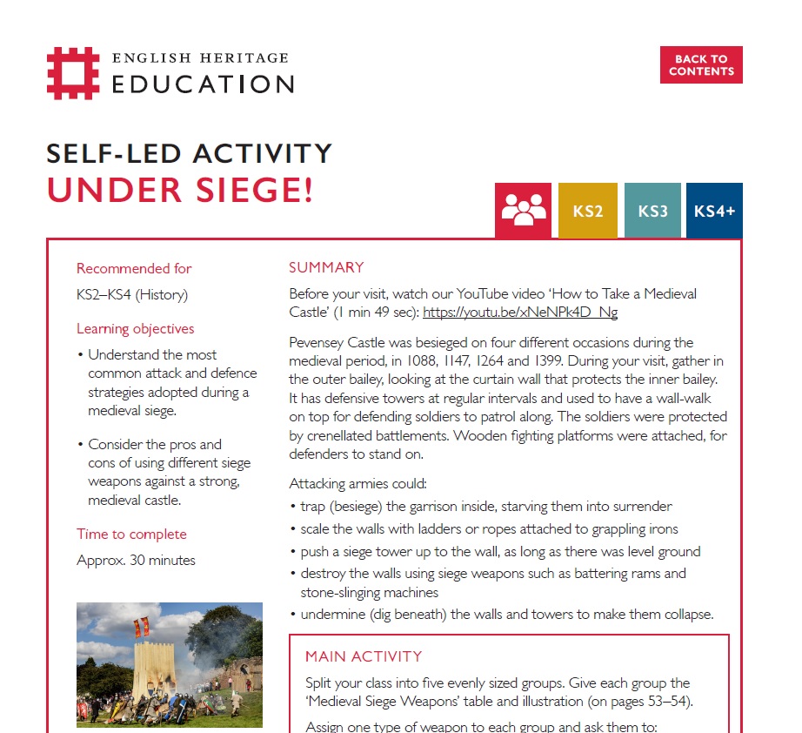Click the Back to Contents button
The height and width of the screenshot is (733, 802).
click(x=701, y=65)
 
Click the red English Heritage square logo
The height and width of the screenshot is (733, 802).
click(x=73, y=73)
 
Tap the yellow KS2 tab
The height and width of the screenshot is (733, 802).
click(x=588, y=211)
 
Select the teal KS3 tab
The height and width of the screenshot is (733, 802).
click(x=652, y=211)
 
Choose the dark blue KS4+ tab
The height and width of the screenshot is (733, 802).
click(x=714, y=211)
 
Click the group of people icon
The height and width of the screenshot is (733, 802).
click(x=524, y=210)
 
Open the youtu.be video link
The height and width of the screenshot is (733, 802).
click(x=519, y=313)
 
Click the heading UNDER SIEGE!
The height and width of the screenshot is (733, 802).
click(x=179, y=191)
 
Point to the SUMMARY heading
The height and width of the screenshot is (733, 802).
click(x=326, y=268)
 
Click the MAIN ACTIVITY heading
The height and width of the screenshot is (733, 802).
click(x=364, y=656)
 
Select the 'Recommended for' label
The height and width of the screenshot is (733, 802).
click(x=134, y=269)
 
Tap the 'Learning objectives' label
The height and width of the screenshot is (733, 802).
click(x=136, y=329)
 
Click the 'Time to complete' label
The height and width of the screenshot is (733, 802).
click(x=131, y=535)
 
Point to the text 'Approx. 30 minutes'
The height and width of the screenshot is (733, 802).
click(x=136, y=561)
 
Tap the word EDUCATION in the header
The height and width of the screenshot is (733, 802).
click(x=203, y=84)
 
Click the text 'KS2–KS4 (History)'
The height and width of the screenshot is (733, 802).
click(x=132, y=295)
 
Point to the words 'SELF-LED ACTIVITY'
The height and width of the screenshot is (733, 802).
click(x=190, y=154)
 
